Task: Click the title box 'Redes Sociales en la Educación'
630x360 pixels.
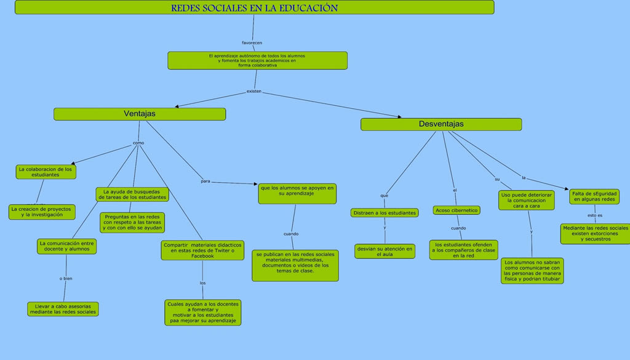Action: pyautogui.click(x=254, y=7)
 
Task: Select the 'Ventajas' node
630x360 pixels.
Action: pyautogui.click(x=140, y=114)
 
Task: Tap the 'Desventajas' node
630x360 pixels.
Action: pyautogui.click(x=441, y=124)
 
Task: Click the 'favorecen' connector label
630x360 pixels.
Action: pyautogui.click(x=252, y=43)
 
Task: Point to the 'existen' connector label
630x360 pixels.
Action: pyautogui.click(x=254, y=91)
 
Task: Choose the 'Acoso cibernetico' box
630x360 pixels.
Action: pyautogui.click(x=457, y=210)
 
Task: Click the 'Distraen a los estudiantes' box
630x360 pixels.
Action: pyautogui.click(x=385, y=213)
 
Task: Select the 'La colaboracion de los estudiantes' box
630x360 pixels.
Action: pyautogui.click(x=46, y=172)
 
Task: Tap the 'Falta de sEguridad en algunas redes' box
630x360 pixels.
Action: pyautogui.click(x=594, y=196)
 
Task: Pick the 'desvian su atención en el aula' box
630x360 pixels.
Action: pyautogui.click(x=385, y=251)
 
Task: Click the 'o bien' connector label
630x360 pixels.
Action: pyautogui.click(x=66, y=278)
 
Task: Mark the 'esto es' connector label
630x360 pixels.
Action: pyautogui.click(x=595, y=215)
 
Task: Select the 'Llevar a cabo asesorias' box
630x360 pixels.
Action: pyautogui.click(x=63, y=309)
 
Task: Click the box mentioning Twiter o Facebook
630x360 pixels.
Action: pyautogui.click(x=202, y=250)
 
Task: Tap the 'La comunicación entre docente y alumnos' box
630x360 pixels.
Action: pyautogui.click(x=66, y=246)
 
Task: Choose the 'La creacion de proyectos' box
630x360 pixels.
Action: pyautogui.click(x=42, y=212)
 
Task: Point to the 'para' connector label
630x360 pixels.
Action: pyautogui.click(x=205, y=181)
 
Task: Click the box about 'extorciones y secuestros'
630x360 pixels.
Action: pyautogui.click(x=595, y=233)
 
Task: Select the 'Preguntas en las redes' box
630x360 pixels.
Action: pyautogui.click(x=132, y=222)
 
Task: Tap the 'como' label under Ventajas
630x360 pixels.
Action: pyautogui.click(x=138, y=143)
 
